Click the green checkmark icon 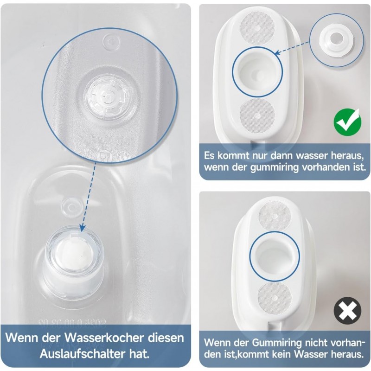[x=347, y=122]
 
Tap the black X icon [x=347, y=311]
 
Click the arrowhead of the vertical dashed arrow [x=83, y=228]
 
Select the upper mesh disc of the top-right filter [x=257, y=28]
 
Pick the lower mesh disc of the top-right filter [x=257, y=115]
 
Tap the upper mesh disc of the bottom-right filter [x=275, y=216]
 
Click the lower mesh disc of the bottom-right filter [x=275, y=297]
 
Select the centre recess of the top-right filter [x=257, y=71]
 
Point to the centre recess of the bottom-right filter [x=275, y=256]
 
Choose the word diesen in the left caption [x=166, y=338]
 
